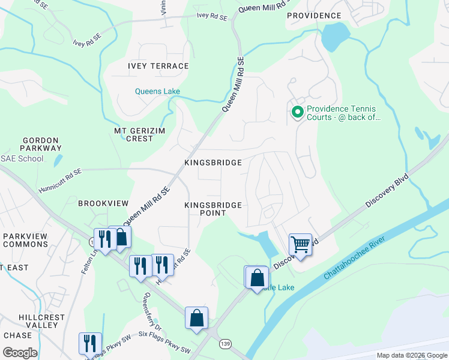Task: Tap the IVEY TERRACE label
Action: pyautogui.click(x=158, y=66)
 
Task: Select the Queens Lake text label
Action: pyautogui.click(x=157, y=92)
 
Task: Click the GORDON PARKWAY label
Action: pyautogui.click(x=41, y=143)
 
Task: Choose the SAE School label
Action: pyautogui.click(x=22, y=158)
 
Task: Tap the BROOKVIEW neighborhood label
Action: pyautogui.click(x=100, y=203)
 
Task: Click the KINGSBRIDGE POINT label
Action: pyautogui.click(x=213, y=209)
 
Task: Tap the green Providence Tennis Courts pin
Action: pyautogui.click(x=297, y=112)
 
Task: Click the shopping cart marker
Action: pyautogui.click(x=300, y=245)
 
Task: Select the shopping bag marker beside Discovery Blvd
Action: pyautogui.click(x=257, y=278)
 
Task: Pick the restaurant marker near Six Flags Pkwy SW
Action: pyautogui.click(x=90, y=344)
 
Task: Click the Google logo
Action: pyautogui.click(x=20, y=352)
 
